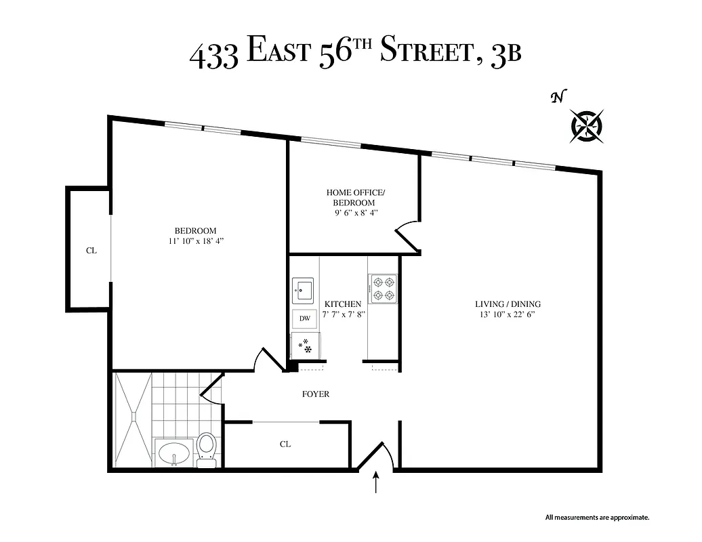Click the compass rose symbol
(587, 125)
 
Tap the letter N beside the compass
(558, 98)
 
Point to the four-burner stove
(383, 288)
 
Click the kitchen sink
(303, 290)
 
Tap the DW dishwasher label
(305, 318)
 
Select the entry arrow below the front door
(377, 484)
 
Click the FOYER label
(316, 394)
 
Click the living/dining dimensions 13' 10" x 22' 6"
(508, 314)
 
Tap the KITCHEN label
(343, 304)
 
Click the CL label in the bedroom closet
(91, 251)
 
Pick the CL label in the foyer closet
(285, 444)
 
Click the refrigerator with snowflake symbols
(305, 346)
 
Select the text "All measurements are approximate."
(597, 518)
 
